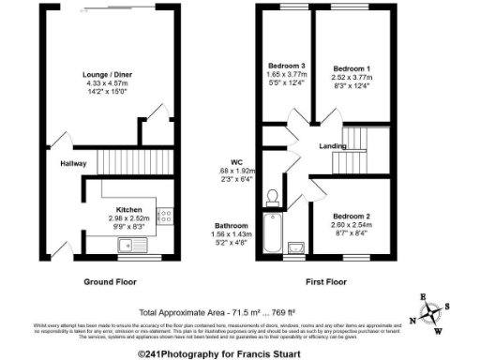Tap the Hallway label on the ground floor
tap(74, 162)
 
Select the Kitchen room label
tap(128, 209)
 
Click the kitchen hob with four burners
tap(164, 217)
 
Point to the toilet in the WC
tap(273, 197)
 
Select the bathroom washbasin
tap(297, 247)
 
